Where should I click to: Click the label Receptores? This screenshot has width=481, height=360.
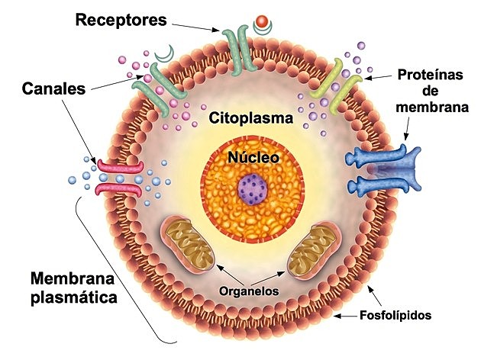click(x=121, y=20)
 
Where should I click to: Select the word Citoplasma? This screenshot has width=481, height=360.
click(x=240, y=120)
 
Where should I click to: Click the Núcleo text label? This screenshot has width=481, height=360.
click(x=252, y=158)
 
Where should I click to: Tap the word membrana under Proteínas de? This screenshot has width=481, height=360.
click(x=432, y=108)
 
